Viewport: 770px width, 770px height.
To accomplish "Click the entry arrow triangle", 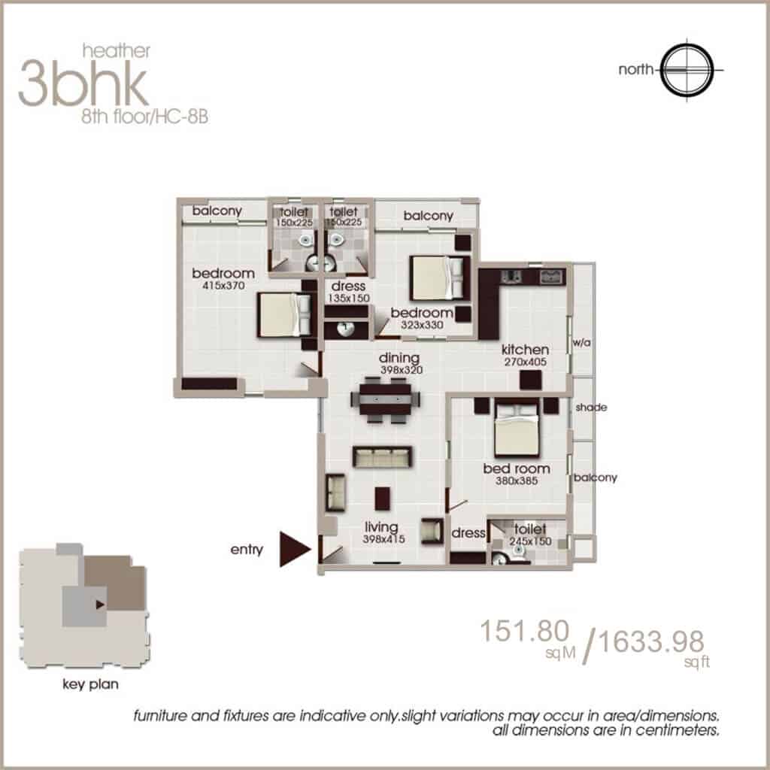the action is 295,549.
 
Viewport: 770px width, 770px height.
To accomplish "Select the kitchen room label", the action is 525,350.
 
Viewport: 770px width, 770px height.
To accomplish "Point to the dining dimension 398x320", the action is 402,370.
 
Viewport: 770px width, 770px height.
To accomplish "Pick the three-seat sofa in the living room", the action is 382,456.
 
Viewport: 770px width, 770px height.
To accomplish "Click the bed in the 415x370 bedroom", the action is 283,315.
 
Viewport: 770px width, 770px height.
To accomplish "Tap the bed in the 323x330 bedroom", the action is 437,277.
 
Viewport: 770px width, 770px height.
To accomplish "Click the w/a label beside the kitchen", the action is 581,342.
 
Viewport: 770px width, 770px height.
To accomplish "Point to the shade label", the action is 591,407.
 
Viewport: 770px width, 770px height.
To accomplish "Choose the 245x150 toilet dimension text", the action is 530,541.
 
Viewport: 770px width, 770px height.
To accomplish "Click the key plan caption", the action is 90,684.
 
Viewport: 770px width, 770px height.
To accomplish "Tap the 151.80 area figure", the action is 524,631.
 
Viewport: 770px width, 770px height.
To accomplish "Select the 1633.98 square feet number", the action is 652,641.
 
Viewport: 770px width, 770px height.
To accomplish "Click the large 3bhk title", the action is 83,83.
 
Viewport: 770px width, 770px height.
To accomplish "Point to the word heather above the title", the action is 117,50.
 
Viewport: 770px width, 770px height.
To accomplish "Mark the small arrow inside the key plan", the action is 100,605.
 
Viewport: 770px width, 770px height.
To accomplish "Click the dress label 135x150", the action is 349,292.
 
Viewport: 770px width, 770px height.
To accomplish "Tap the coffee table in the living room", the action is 383,499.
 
